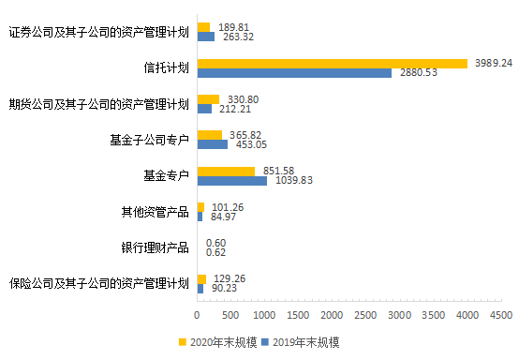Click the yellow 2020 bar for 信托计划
tap(332, 63)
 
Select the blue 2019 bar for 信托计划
tap(294, 72)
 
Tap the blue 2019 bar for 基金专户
tap(231, 180)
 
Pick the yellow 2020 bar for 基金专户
tap(225, 171)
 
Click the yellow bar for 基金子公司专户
tap(209, 135)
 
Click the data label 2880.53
tap(417, 73)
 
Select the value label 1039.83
tap(292, 181)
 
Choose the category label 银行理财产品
tap(155, 247)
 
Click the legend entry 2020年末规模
tap(218, 342)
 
